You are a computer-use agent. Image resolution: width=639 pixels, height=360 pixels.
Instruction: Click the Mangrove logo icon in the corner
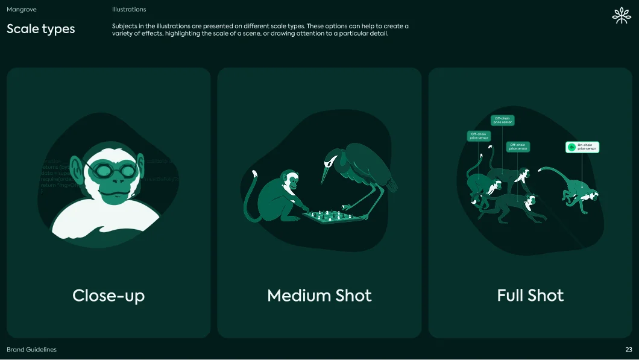pos(620,16)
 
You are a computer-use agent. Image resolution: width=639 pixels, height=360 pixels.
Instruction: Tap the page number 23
pos(629,350)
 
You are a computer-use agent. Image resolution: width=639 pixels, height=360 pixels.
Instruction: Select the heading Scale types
pos(41,28)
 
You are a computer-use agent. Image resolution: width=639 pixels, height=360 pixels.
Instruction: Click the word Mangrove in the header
pos(22,10)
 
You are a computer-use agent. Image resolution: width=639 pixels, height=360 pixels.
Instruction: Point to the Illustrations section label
pos(129,10)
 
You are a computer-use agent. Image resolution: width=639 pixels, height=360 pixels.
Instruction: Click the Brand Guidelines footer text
pos(31,350)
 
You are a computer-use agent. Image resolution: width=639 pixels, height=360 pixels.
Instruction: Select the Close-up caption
pos(109,295)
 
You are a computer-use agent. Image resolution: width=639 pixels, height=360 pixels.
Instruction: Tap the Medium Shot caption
pos(319,295)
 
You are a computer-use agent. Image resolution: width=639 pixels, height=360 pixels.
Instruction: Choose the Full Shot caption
pos(530,295)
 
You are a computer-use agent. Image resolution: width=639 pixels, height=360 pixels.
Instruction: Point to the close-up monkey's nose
pos(109,182)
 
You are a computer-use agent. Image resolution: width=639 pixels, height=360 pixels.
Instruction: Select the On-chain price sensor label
pos(582,147)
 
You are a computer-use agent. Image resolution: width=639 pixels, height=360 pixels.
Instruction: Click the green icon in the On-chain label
pos(571,147)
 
